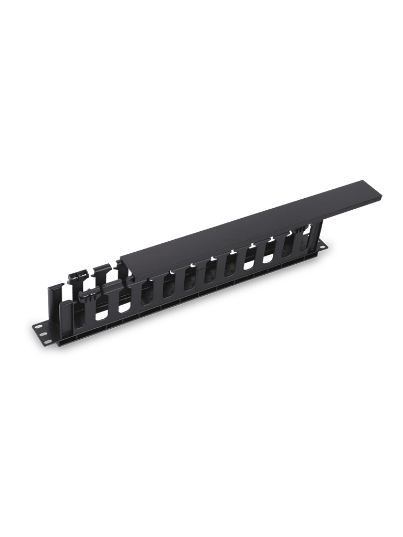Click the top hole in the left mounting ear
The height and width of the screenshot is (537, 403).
point(39,326)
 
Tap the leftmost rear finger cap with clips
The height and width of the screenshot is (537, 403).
point(78,274)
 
